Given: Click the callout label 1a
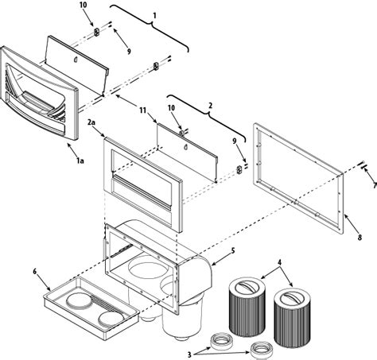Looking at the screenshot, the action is [x=80, y=161].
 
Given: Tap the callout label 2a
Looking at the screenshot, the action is [x=91, y=122].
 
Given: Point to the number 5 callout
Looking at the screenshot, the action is [x=233, y=250].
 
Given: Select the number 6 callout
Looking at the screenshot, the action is [x=35, y=271].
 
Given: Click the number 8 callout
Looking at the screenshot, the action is [x=360, y=238].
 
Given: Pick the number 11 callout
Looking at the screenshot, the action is [x=143, y=110].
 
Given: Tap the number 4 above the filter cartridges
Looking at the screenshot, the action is [x=279, y=262].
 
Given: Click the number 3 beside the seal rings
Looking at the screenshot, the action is [x=189, y=354].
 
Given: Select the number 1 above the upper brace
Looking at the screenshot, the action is [x=154, y=16].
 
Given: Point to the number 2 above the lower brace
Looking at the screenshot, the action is [x=210, y=106].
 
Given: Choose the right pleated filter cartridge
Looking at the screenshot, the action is [x=292, y=318].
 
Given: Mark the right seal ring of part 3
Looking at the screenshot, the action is [x=262, y=350].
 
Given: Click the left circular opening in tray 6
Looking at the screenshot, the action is [x=79, y=301].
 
